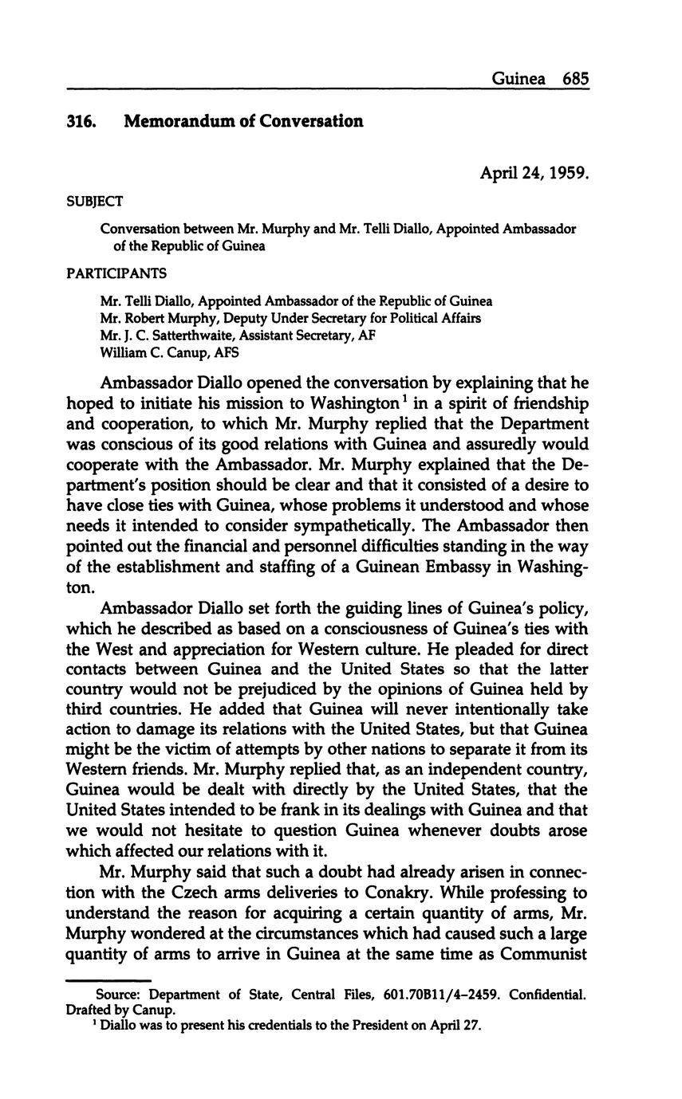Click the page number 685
click(575, 79)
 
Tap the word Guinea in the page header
click(518, 79)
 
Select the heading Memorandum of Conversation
click(243, 122)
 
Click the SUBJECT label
click(94, 201)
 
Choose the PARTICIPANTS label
click(116, 273)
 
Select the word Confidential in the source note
click(550, 995)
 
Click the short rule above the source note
click(108, 980)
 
